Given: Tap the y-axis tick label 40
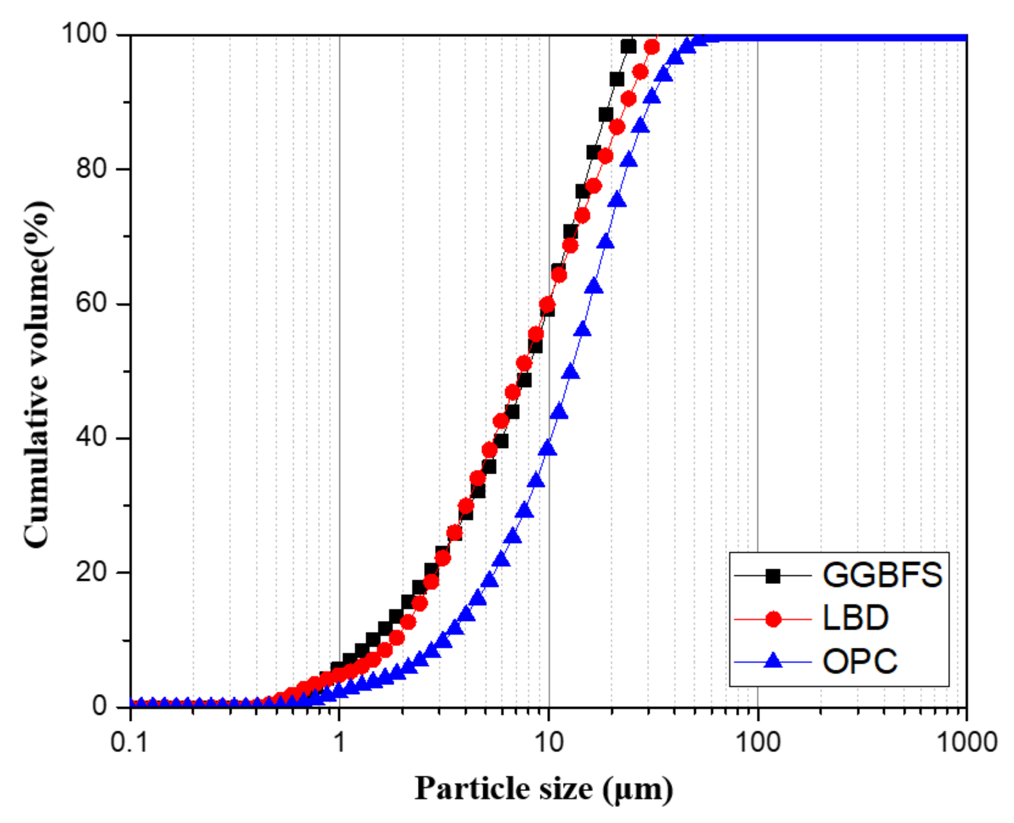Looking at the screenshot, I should coord(91,438).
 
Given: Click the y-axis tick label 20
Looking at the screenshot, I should coord(91,572).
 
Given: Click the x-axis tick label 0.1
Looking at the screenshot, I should coord(129,742).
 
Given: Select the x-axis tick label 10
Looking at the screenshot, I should coord(549,742).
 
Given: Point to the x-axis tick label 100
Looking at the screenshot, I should coord(758,742).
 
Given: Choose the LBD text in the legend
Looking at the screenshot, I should coord(855,619).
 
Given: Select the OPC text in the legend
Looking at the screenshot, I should coord(860,662).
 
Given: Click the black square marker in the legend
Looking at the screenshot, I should coord(773,576).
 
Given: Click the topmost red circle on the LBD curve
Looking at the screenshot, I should coord(652,47).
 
